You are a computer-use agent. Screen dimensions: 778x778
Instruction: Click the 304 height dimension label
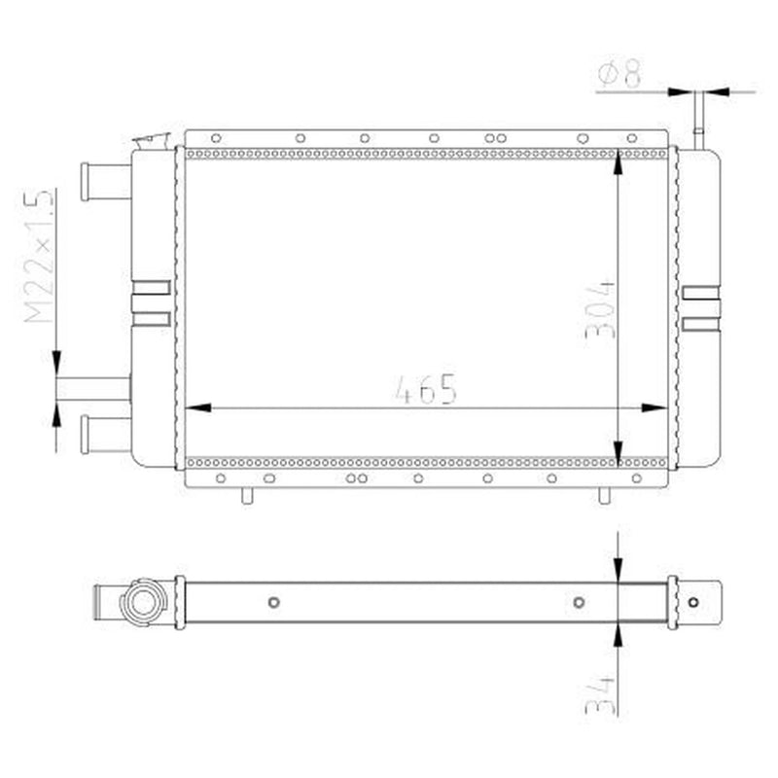[x=600, y=309]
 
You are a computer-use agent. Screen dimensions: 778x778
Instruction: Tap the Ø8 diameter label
[x=620, y=74]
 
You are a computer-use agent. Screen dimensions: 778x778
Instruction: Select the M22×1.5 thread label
[x=39, y=256]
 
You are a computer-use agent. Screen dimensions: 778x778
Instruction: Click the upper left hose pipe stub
[x=105, y=182]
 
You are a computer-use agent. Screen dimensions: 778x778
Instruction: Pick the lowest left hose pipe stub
[x=105, y=435]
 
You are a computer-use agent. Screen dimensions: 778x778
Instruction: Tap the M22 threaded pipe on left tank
[x=93, y=388]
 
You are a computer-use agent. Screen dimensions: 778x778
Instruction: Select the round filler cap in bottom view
[x=143, y=602]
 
